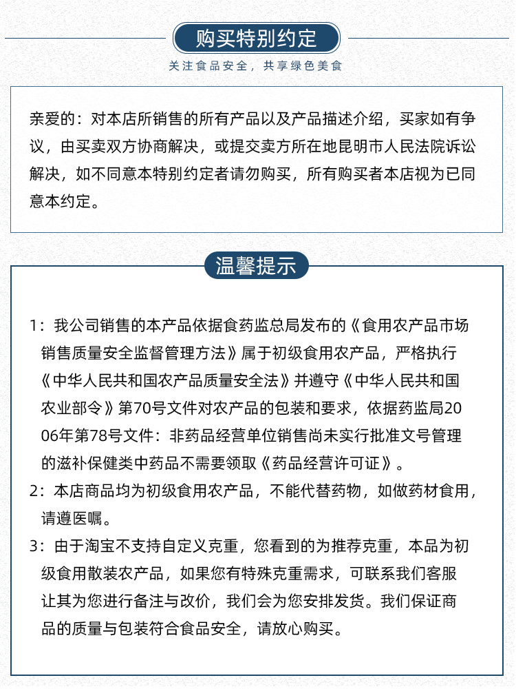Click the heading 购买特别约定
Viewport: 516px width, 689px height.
(257, 38)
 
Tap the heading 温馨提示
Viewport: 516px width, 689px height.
(257, 266)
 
